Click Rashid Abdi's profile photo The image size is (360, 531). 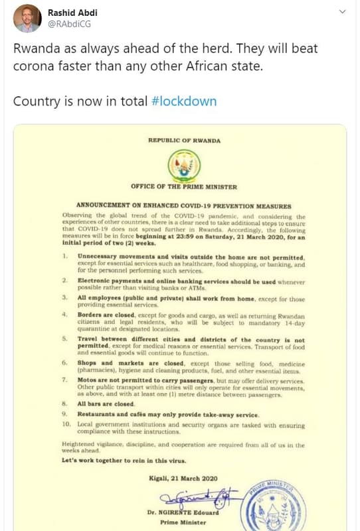point(27,18)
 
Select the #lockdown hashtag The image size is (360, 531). point(184,102)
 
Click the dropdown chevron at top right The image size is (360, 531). point(343,12)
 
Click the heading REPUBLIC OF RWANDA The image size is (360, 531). point(184,141)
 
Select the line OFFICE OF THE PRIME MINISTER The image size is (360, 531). point(184,187)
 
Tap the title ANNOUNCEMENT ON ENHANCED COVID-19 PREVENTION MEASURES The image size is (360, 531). point(184,206)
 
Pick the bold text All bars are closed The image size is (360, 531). point(106,403)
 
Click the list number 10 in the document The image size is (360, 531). point(66,423)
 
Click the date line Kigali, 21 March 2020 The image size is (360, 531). point(184,478)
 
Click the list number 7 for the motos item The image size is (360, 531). point(64,380)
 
